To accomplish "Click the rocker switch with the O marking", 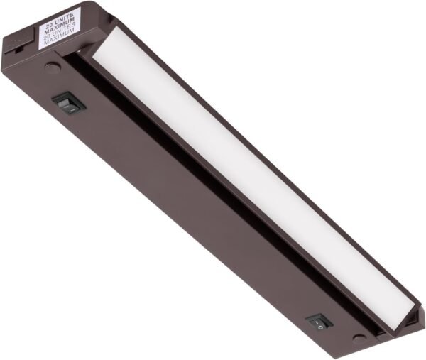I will point(319,322).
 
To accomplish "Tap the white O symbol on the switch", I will point(322,326).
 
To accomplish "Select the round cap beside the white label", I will point(52,69).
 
